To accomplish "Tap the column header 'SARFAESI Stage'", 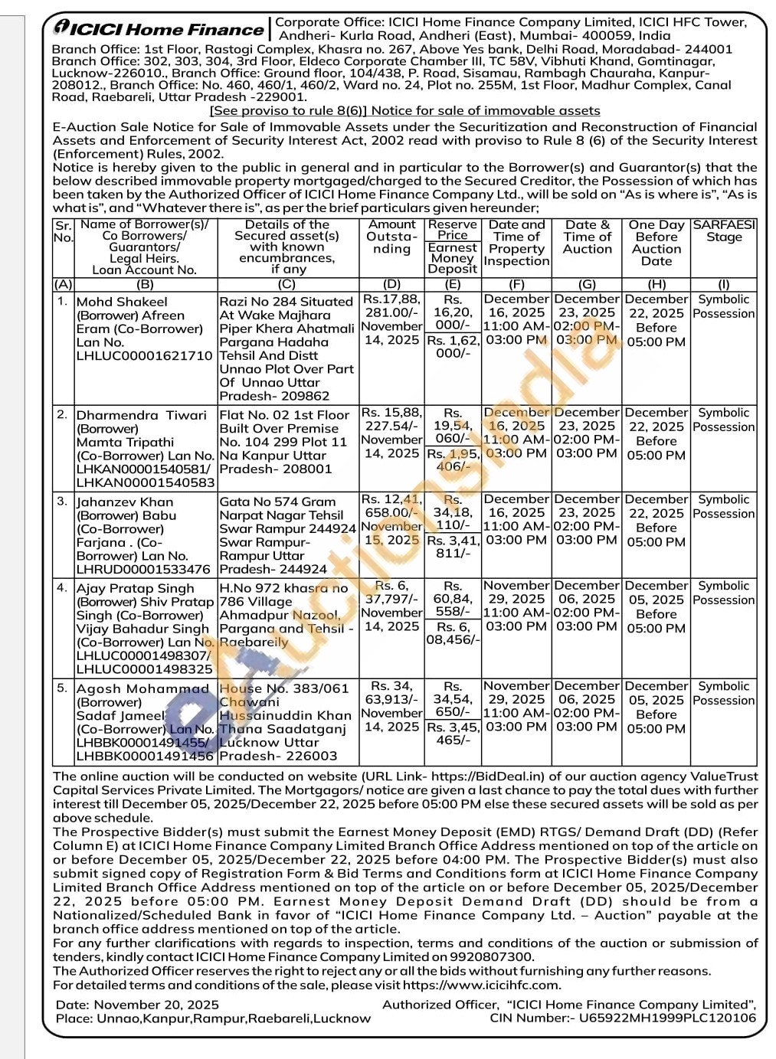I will [x=724, y=230].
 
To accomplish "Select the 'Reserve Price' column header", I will [x=453, y=230].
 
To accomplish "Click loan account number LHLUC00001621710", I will [x=145, y=356].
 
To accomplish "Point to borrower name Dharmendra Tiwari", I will [x=142, y=415].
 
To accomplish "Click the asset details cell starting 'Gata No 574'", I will [x=287, y=535].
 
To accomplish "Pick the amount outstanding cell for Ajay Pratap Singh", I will [x=392, y=606].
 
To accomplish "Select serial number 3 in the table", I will [x=63, y=501].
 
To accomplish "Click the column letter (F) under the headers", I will [x=516, y=284].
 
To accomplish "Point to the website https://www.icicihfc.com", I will [x=481, y=985].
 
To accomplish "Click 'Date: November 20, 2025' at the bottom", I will [x=137, y=1005].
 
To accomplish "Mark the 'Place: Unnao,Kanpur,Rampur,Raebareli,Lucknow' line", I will [x=213, y=1018].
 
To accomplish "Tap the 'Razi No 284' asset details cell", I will [x=287, y=348].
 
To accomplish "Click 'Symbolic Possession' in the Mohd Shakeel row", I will [x=724, y=306].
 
